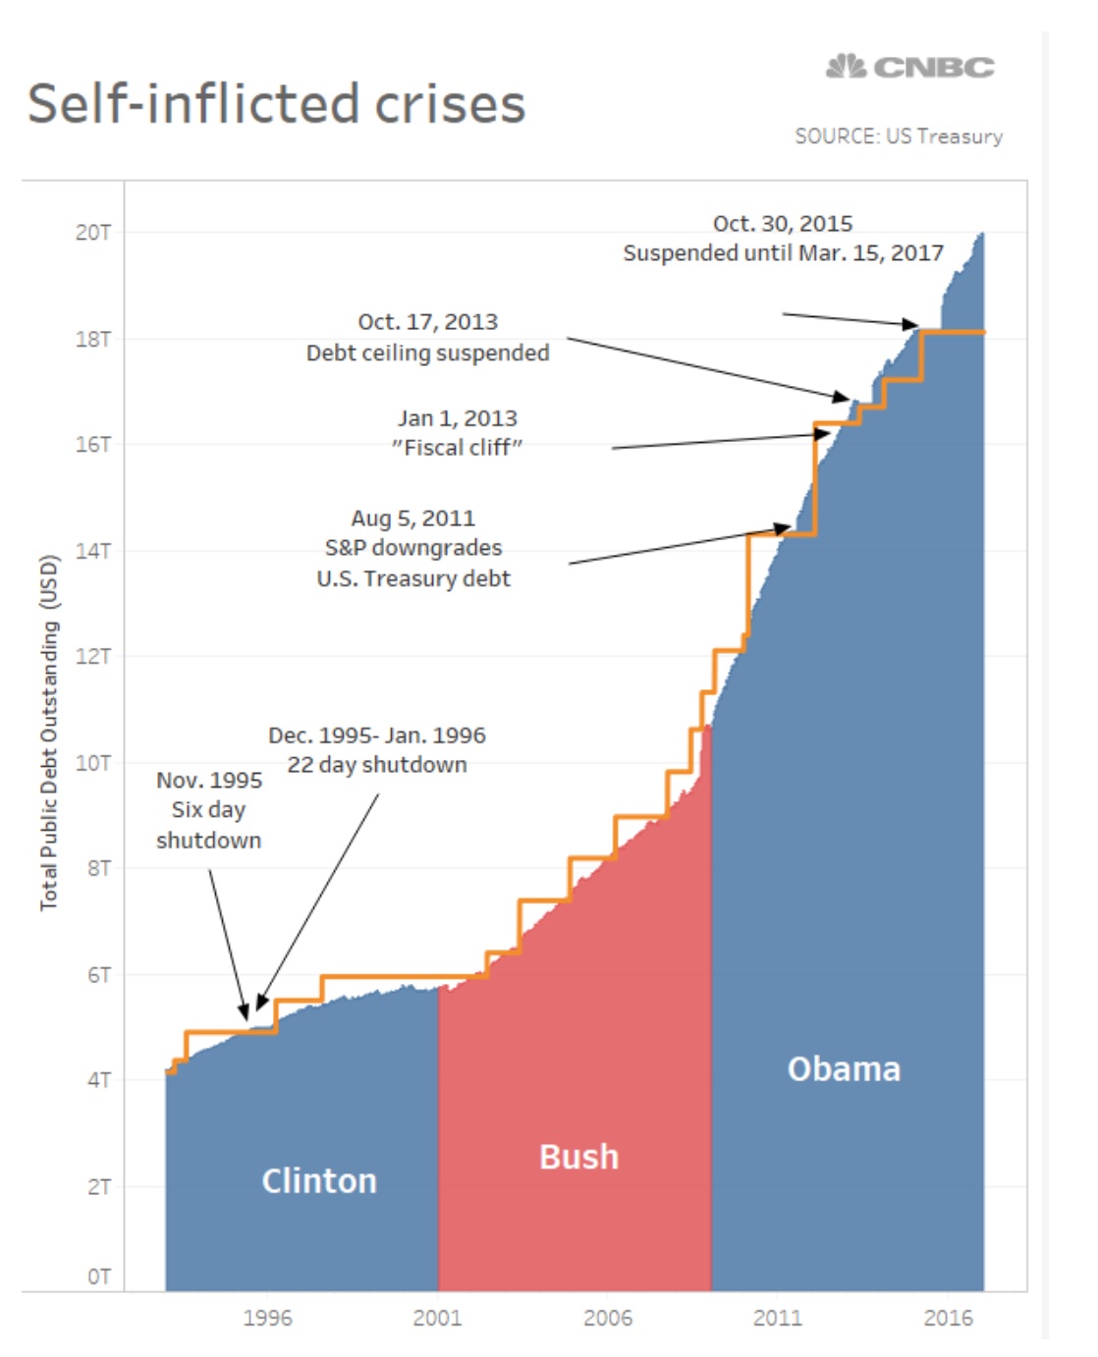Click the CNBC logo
(x=910, y=67)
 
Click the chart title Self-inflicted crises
(x=277, y=104)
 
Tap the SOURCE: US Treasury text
(x=899, y=136)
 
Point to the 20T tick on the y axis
(x=93, y=233)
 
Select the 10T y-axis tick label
(x=93, y=763)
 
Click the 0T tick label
(x=98, y=1276)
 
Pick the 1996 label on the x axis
(x=267, y=1318)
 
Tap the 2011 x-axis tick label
(x=777, y=1318)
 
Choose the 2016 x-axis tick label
(x=948, y=1318)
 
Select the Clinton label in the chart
(x=319, y=1180)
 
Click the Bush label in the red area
(x=578, y=1157)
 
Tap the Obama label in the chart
(x=844, y=1068)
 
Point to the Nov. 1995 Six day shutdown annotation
(x=209, y=810)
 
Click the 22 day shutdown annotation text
(x=377, y=764)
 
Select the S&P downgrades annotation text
(x=413, y=548)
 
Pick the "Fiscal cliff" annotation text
(x=457, y=448)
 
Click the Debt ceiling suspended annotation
(x=427, y=353)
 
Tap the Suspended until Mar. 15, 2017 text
(x=783, y=253)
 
